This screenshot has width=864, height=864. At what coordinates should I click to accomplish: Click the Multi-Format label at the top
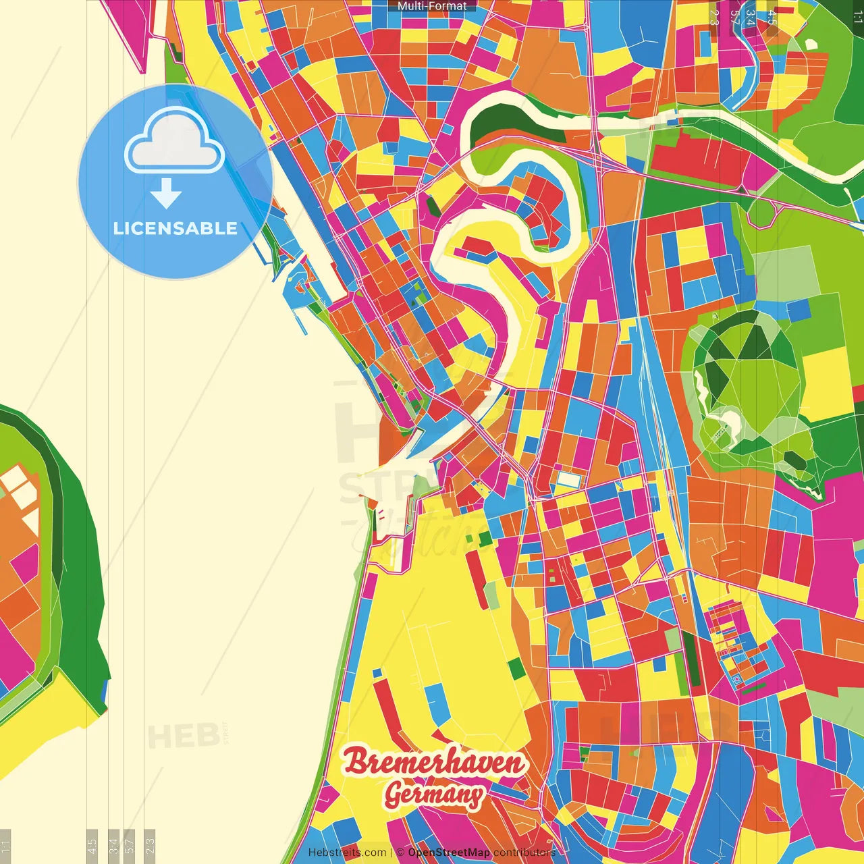click(x=432, y=6)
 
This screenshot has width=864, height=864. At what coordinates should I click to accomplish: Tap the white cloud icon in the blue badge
click(x=174, y=142)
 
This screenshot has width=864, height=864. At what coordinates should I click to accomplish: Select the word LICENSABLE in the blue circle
click(x=175, y=228)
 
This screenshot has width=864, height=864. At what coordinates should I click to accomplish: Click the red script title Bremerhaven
click(x=434, y=763)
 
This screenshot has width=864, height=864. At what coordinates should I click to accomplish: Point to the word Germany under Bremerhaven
click(x=434, y=794)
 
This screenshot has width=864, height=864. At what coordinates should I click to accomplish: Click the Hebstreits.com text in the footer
click(x=347, y=853)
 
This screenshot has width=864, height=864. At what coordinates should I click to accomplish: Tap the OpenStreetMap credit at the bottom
click(x=449, y=853)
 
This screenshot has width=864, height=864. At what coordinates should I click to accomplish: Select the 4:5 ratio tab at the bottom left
click(x=92, y=846)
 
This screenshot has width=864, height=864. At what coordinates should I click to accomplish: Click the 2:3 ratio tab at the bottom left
click(x=150, y=846)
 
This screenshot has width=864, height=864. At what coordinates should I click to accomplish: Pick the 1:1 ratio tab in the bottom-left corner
click(x=5, y=846)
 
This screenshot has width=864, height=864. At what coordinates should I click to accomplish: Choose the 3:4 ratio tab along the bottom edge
click(x=113, y=846)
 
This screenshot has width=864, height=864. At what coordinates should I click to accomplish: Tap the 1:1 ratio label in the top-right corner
click(x=857, y=18)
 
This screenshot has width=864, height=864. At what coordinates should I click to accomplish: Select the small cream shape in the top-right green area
click(x=811, y=44)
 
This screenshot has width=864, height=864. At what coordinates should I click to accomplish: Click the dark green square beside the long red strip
click(x=516, y=668)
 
